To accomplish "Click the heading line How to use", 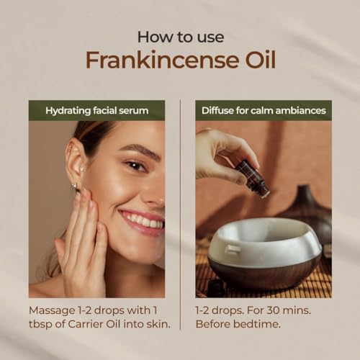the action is click(x=181, y=37).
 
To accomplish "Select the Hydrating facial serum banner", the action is click(x=96, y=110).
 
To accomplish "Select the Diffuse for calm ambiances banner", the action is click(x=264, y=110).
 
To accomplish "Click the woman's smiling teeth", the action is click(x=144, y=220).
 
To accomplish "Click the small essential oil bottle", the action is click(x=253, y=177).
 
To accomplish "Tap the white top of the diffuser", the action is click(x=264, y=243).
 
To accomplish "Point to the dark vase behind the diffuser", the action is click(x=310, y=211).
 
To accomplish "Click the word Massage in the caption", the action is click(x=52, y=311).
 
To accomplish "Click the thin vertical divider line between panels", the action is click(x=180, y=215).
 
